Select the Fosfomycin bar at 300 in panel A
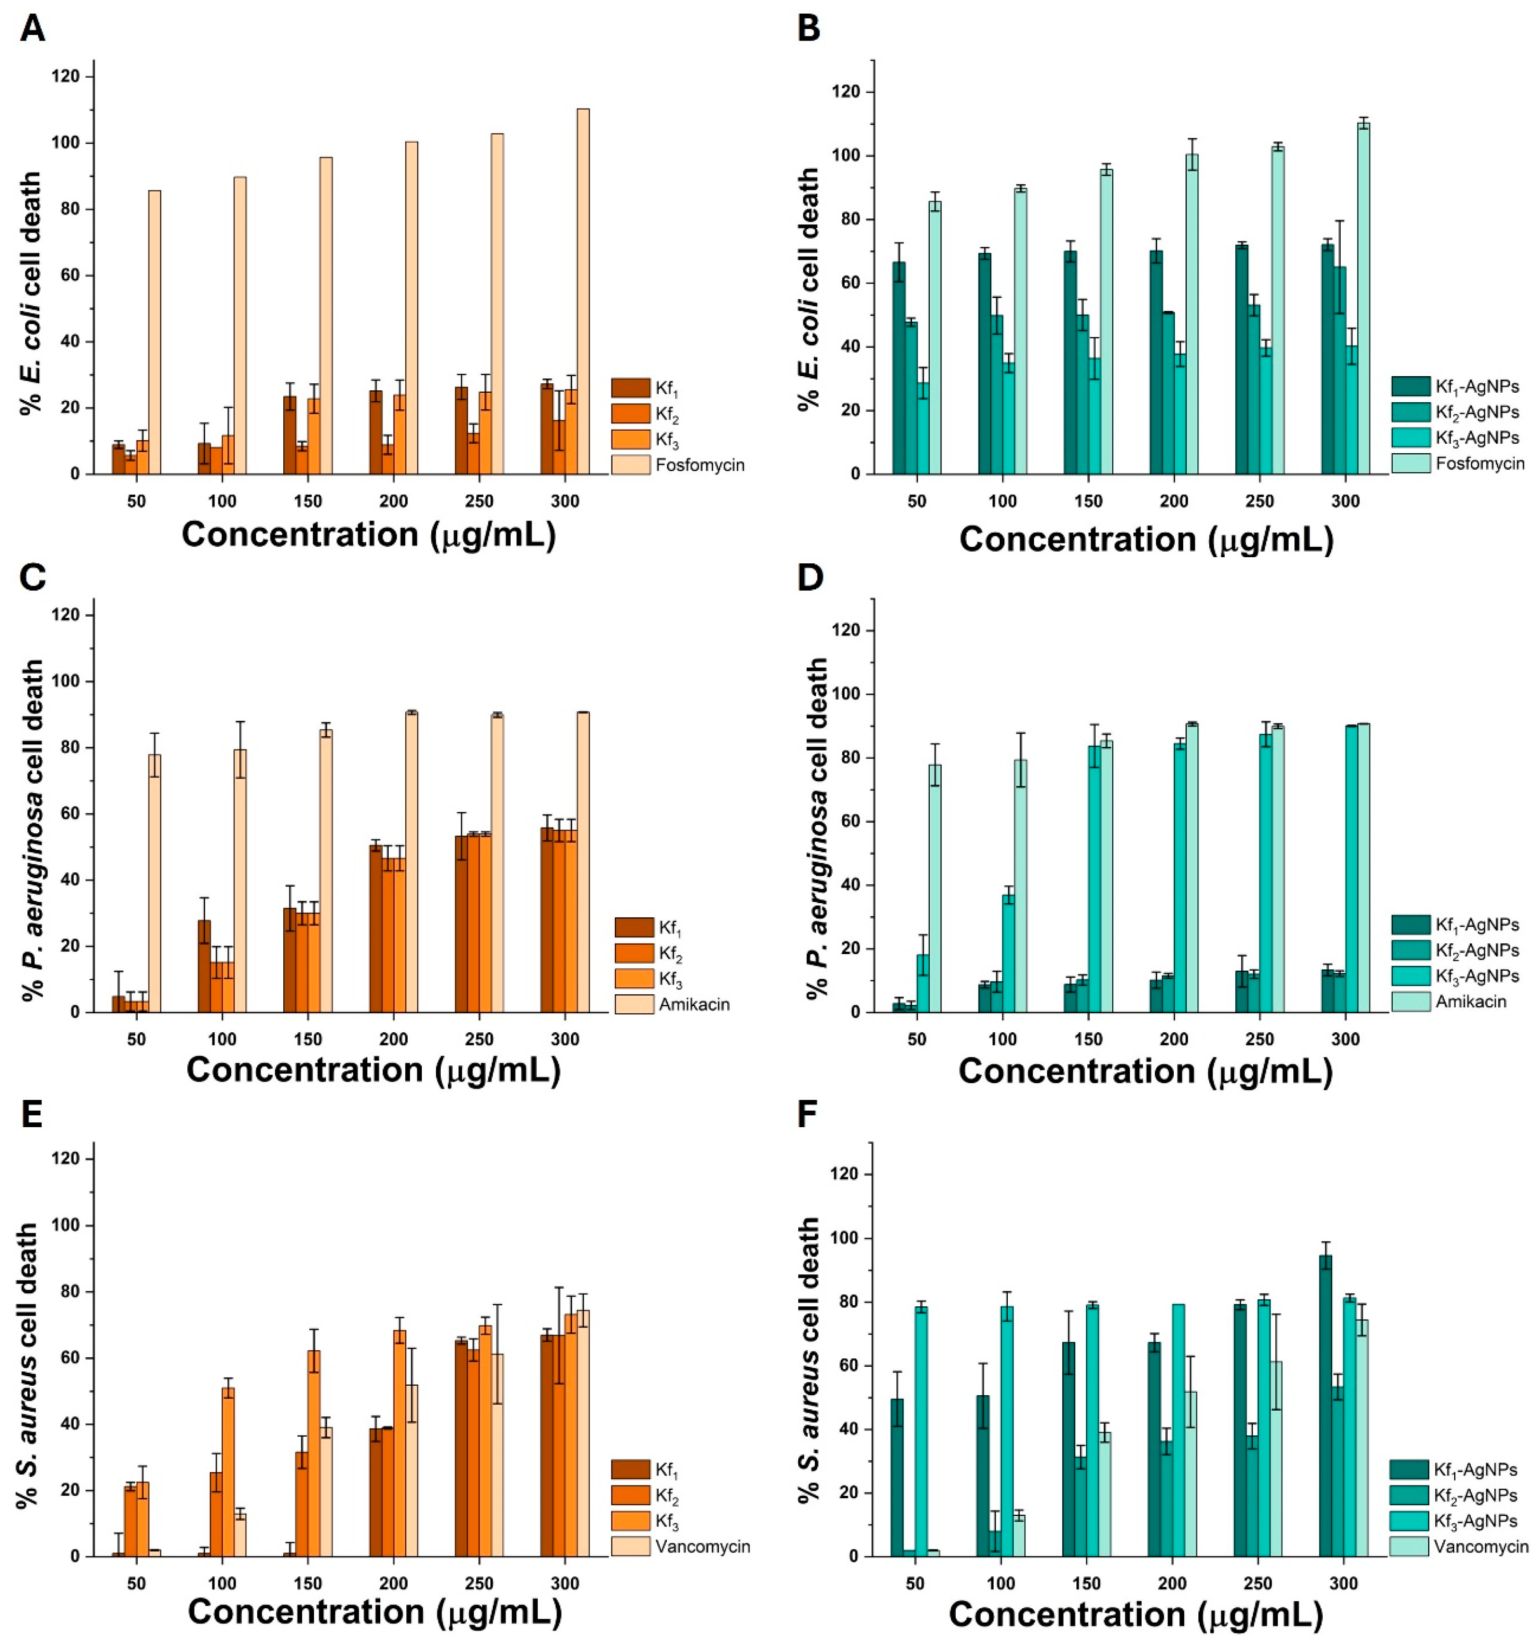point(583,290)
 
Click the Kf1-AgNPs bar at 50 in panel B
point(899,367)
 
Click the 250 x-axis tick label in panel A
point(480,501)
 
